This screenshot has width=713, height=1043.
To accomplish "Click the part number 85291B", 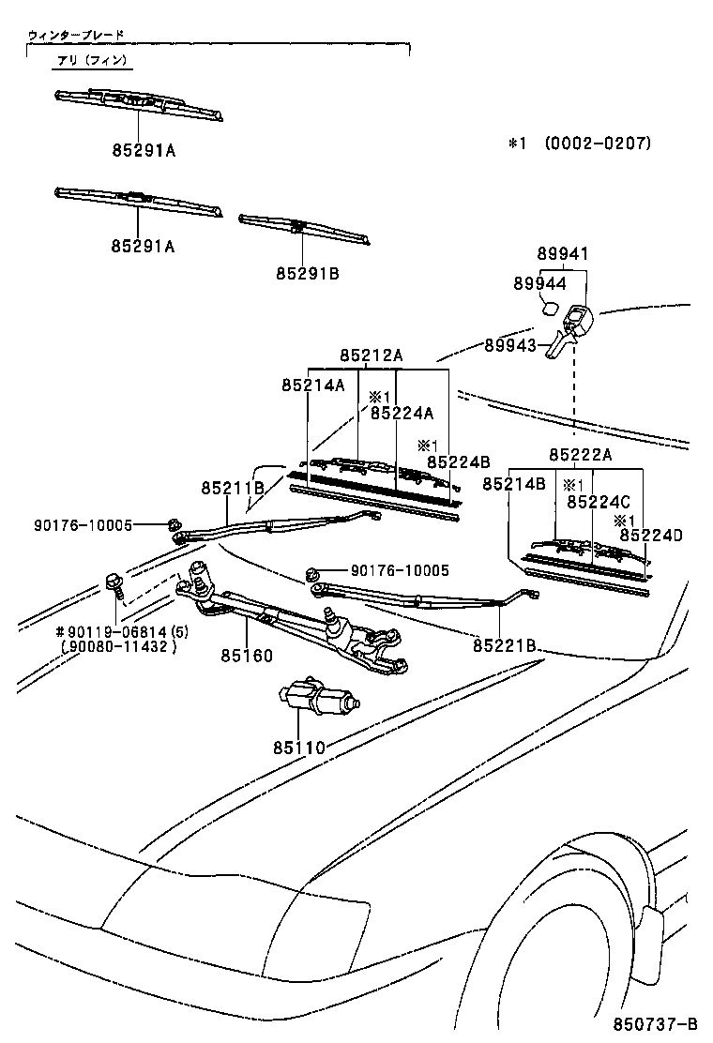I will (x=307, y=273).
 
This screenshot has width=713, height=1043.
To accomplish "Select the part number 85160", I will (x=246, y=656).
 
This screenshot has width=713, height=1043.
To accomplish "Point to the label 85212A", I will (x=371, y=355).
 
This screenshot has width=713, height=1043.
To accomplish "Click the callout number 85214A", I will (x=312, y=385).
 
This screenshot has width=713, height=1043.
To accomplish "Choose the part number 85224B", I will (x=458, y=461).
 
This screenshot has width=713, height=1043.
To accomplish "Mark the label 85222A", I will (x=580, y=454).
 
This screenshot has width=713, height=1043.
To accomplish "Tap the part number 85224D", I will (x=649, y=536).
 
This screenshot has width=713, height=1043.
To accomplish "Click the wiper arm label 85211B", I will (x=232, y=487).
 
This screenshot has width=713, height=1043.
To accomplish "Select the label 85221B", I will (x=504, y=645).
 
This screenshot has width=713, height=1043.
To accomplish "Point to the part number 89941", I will (x=563, y=254).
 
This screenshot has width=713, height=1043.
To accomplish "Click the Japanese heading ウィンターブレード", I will (x=76, y=35).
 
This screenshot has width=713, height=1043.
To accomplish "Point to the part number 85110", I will (x=298, y=748).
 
